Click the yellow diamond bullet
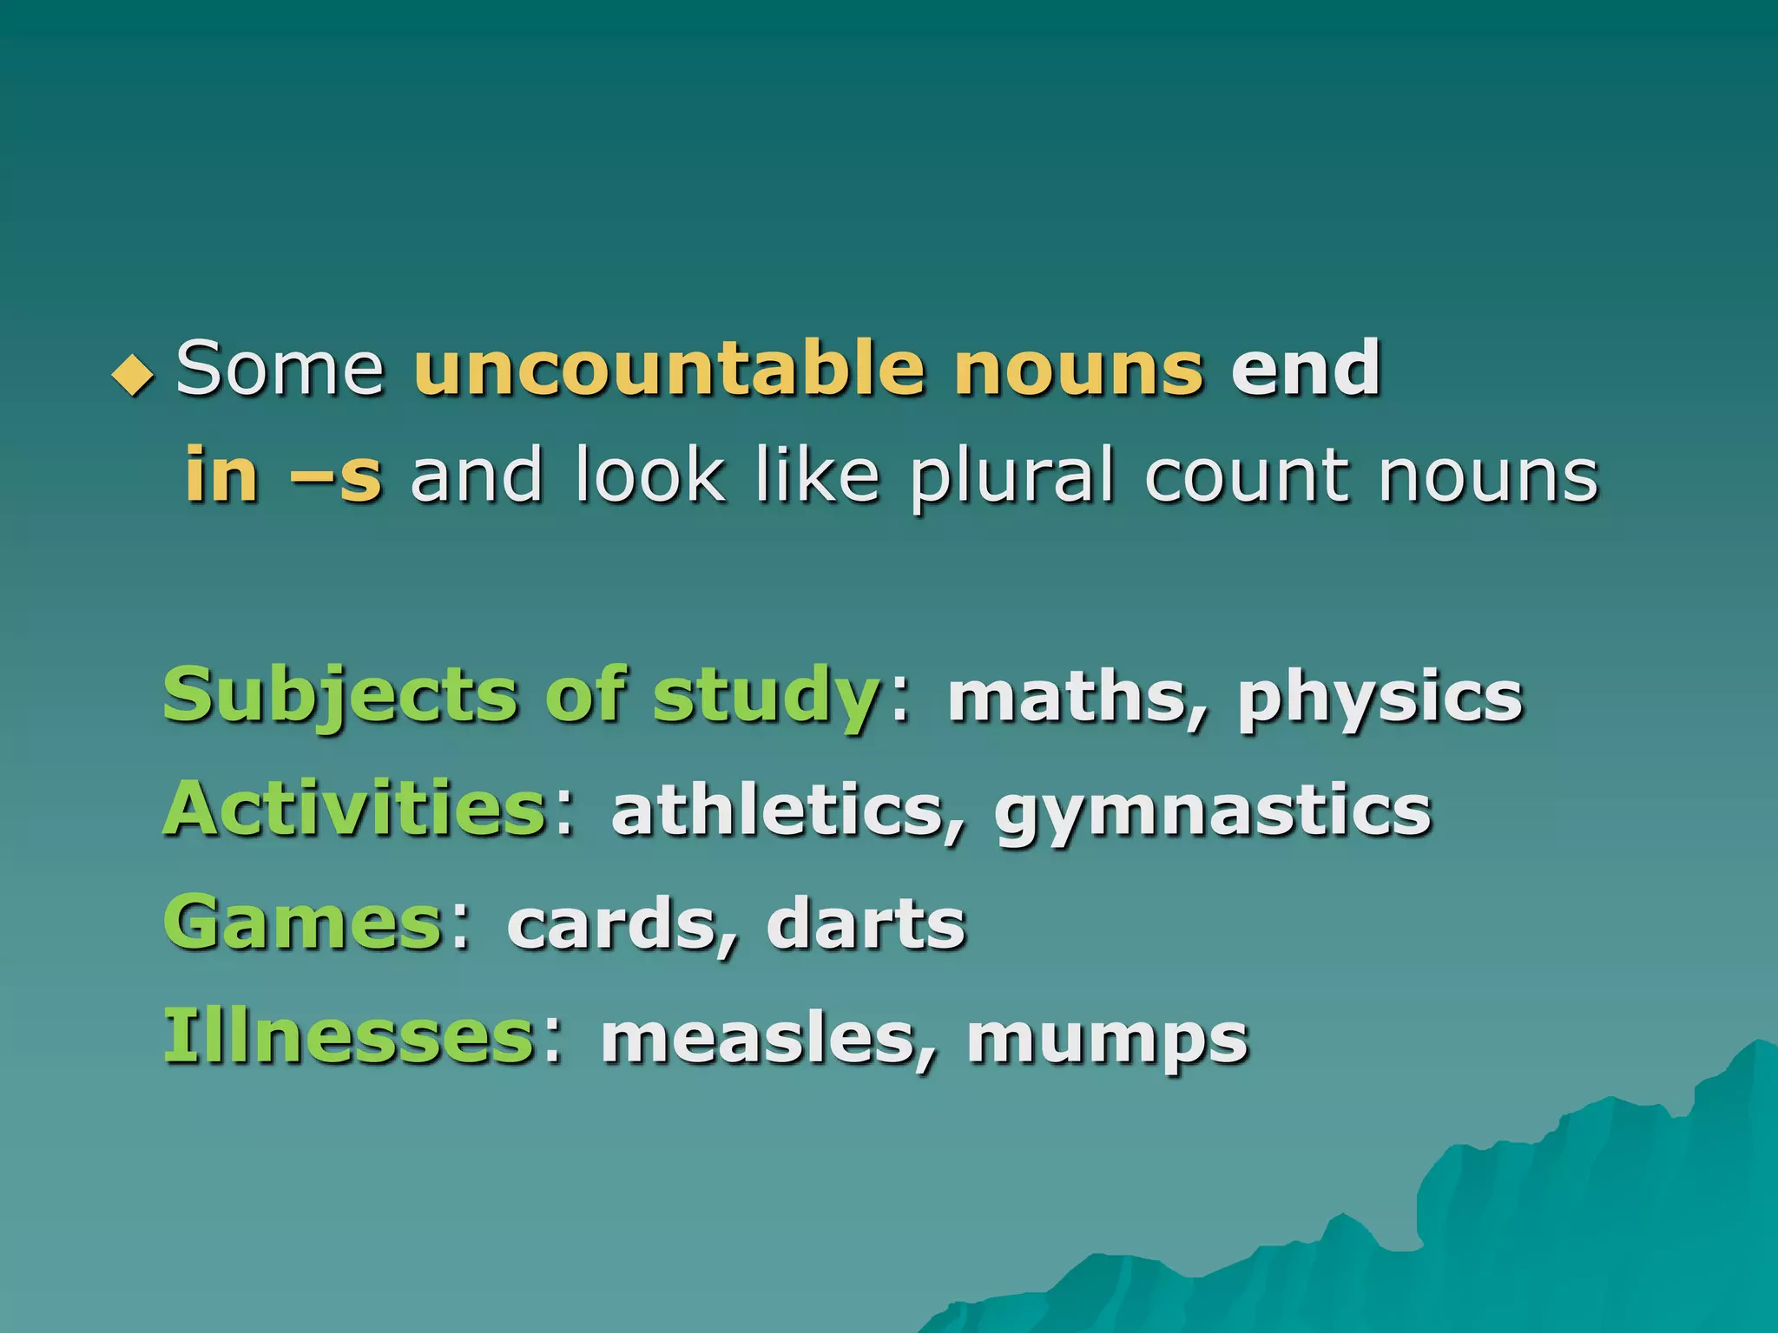(x=133, y=376)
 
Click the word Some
(x=280, y=369)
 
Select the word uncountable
(x=669, y=369)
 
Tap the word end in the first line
(x=1306, y=369)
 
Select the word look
(x=649, y=476)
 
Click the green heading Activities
(x=354, y=809)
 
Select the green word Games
(x=304, y=923)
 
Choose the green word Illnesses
(x=349, y=1036)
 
